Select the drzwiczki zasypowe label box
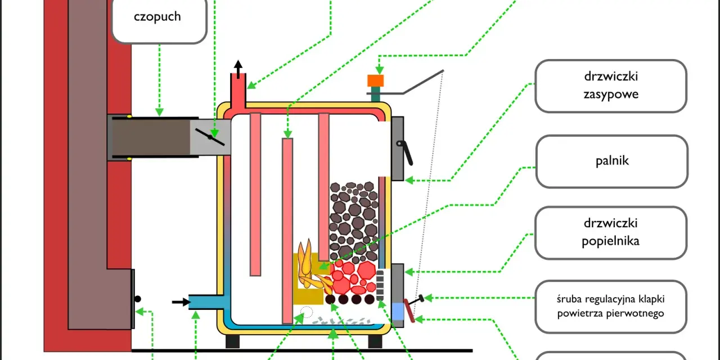[611, 86]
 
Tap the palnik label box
[611, 161]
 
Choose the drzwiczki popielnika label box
[611, 233]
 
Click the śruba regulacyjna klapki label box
[611, 307]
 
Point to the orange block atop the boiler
[375, 80]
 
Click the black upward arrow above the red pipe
[238, 69]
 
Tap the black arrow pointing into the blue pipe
[181, 302]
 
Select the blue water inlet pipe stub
[206, 302]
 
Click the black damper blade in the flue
[210, 137]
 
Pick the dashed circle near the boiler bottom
[307, 312]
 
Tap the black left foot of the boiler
[232, 341]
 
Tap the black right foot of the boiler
[375, 341]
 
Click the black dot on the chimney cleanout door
[138, 299]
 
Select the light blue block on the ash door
[398, 312]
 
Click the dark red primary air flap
[409, 310]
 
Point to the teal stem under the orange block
[375, 94]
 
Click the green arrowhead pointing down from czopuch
[159, 112]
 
